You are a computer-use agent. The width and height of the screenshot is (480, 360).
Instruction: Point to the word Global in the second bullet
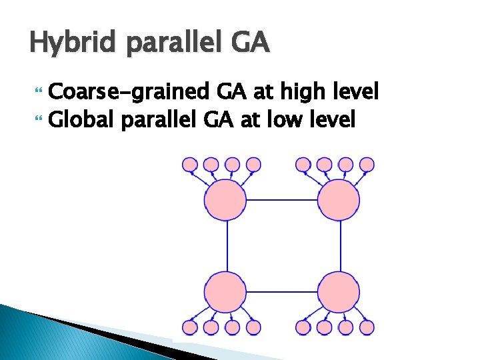(80, 120)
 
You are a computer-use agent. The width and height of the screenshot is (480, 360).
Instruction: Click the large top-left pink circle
(225, 199)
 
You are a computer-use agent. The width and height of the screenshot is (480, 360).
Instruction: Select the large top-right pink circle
(339, 199)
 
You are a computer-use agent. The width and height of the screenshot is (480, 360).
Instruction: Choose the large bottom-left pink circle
(225, 292)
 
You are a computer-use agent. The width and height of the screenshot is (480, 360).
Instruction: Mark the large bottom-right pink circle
(339, 292)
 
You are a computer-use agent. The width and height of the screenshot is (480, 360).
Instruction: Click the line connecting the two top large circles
(281, 199)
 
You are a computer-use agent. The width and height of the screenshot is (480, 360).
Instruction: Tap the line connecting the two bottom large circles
(281, 292)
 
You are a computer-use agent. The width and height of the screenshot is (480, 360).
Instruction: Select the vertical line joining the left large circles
(227, 245)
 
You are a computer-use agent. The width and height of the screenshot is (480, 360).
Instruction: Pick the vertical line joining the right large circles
(341, 245)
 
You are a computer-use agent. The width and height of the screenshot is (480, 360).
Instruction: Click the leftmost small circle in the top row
(190, 163)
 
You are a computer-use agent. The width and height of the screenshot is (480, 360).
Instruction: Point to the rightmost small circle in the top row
(367, 163)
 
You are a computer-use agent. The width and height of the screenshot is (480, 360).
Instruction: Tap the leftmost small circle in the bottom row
(190, 327)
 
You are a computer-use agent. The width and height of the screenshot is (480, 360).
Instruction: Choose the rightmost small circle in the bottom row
(367, 327)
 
